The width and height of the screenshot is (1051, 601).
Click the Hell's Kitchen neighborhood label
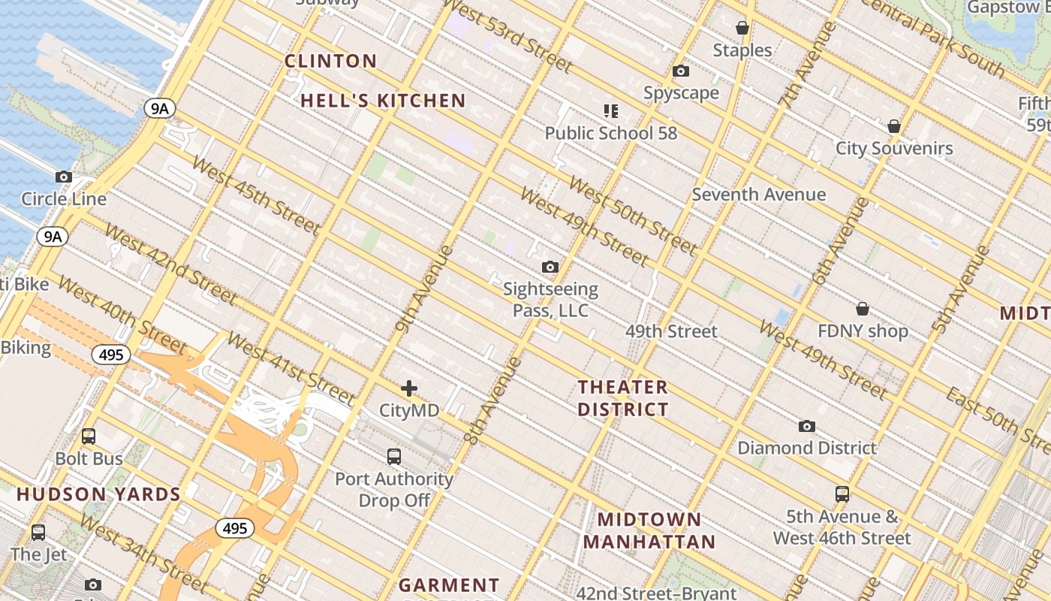(x=383, y=101)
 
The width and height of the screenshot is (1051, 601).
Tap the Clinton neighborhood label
(x=330, y=61)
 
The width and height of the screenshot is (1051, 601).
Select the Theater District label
(x=622, y=398)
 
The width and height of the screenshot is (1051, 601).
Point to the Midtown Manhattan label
(x=649, y=530)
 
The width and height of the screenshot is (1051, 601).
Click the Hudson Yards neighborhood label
(x=98, y=494)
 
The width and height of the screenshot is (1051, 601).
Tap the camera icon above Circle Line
(x=64, y=177)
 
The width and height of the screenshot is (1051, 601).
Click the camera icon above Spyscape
(x=681, y=71)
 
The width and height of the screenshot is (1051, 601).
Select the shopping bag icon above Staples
(x=742, y=29)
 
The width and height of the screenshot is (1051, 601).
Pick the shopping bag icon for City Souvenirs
(x=894, y=126)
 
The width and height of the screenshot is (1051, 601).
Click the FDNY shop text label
(x=863, y=331)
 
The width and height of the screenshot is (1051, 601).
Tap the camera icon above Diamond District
(x=807, y=427)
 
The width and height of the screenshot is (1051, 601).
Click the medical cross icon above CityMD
(x=409, y=388)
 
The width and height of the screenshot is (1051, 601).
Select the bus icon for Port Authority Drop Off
(x=394, y=456)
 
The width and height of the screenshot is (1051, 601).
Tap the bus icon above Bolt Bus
(x=89, y=436)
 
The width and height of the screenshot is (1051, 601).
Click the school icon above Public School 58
(x=611, y=111)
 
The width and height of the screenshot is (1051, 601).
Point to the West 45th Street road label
(x=255, y=195)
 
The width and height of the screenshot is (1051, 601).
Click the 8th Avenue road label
(x=493, y=400)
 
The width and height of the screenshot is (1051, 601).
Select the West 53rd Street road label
(x=507, y=38)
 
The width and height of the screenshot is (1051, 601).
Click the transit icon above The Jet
(x=38, y=533)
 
